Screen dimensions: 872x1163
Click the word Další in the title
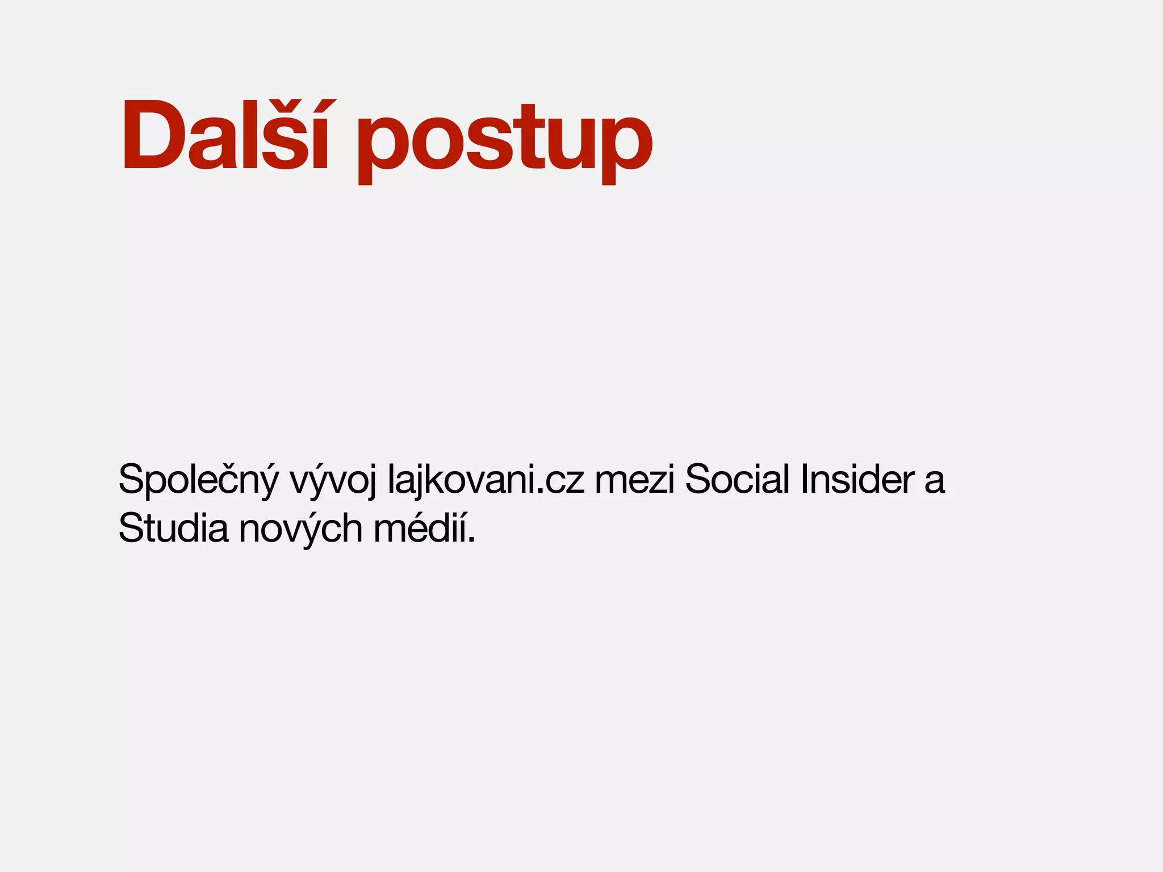pyautogui.click(x=225, y=136)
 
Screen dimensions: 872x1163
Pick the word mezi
pyautogui.click(x=634, y=480)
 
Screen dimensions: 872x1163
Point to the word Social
pyautogui.click(x=738, y=479)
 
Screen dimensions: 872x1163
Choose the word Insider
pyautogui.click(x=857, y=479)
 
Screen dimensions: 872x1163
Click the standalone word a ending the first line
pyautogui.click(x=934, y=481)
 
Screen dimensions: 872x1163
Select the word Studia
pyautogui.click(x=173, y=528)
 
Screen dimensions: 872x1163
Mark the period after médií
pyautogui.click(x=471, y=540)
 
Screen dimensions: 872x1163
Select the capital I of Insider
pyautogui.click(x=805, y=479)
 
